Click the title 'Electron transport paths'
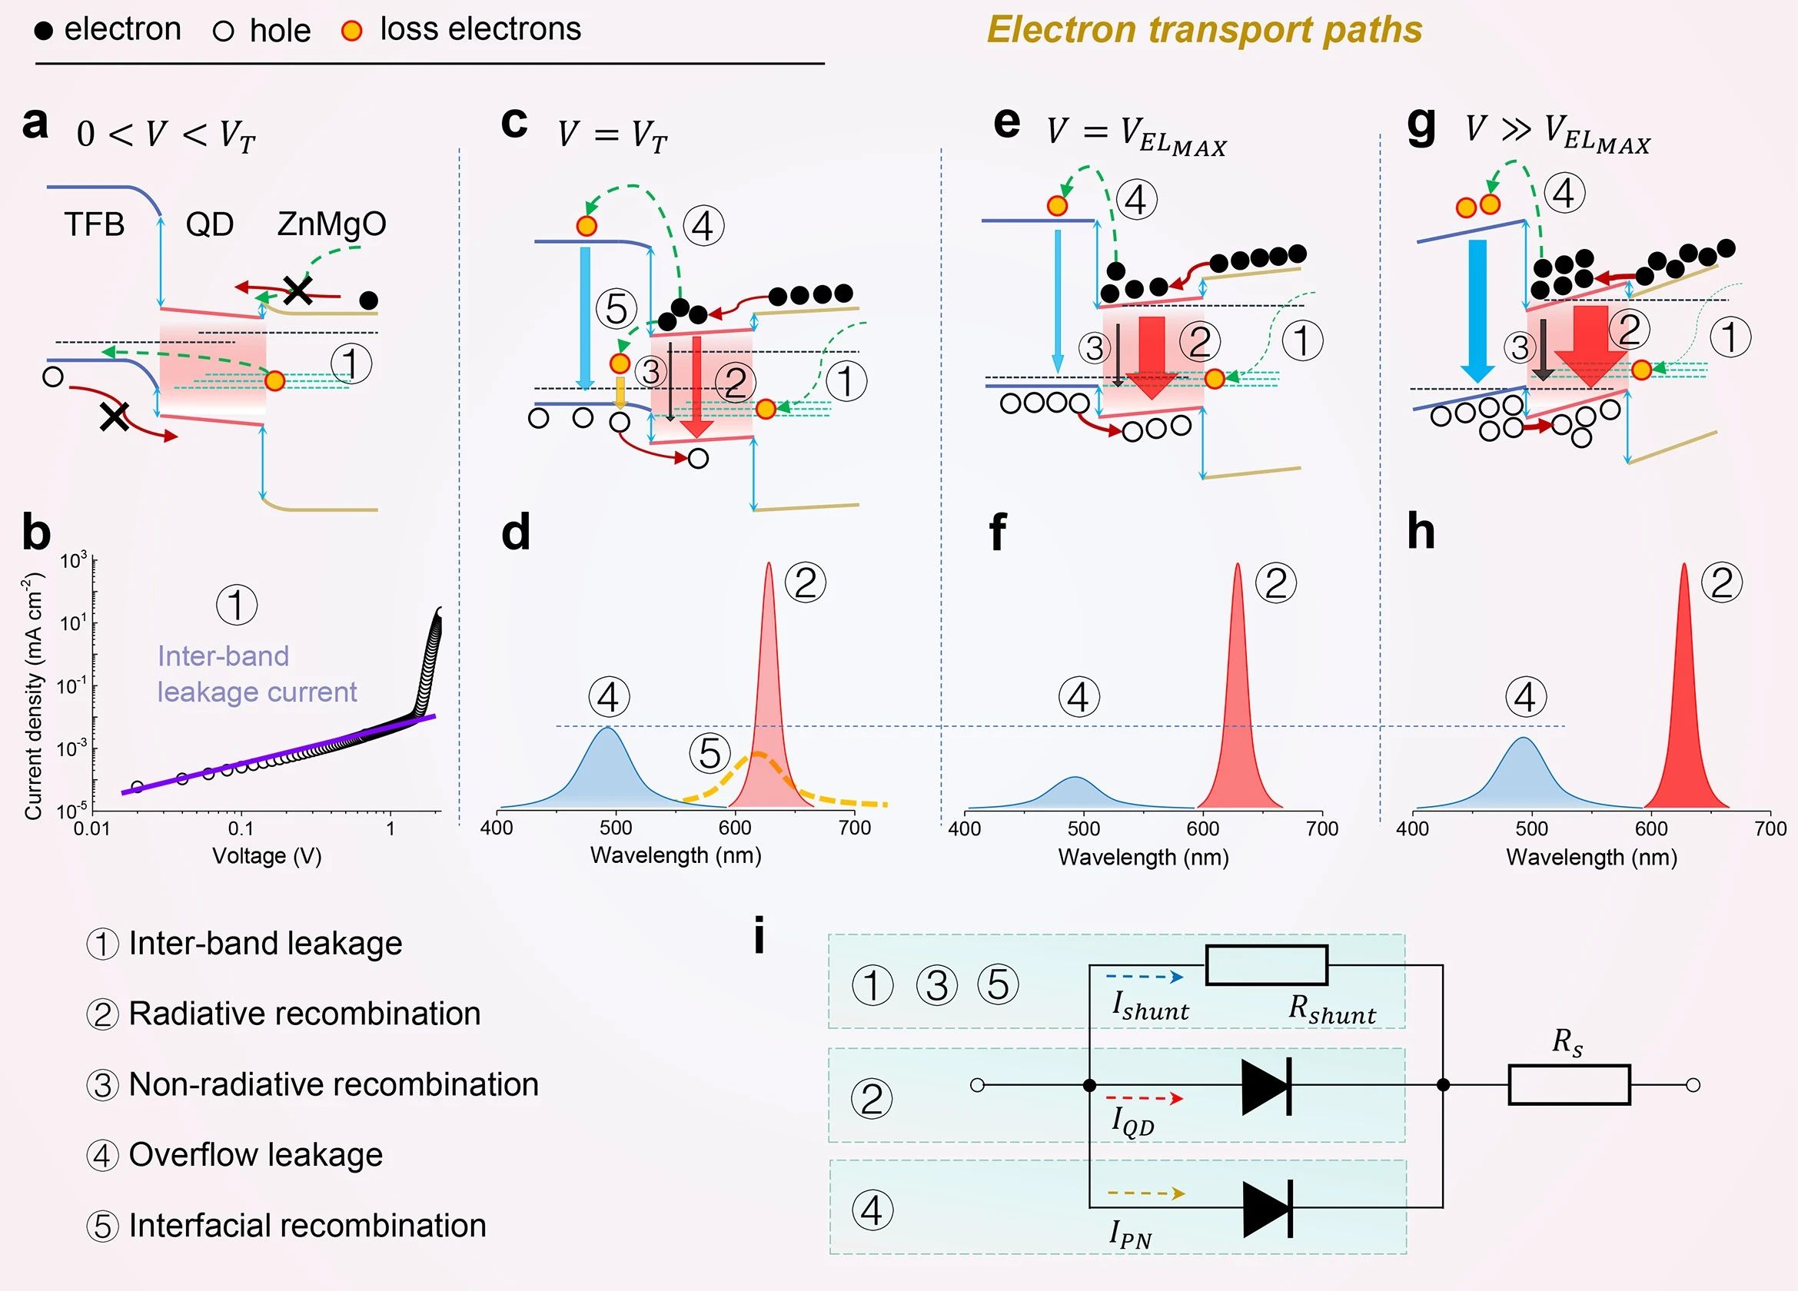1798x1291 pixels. tap(1205, 30)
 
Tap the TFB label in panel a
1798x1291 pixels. tap(95, 224)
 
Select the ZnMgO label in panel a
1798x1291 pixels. tap(331, 224)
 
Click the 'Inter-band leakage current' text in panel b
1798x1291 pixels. tap(256, 674)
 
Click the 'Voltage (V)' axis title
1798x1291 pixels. tap(267, 856)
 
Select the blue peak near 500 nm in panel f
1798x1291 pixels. tap(1075, 792)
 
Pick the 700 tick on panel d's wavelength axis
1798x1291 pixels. tap(854, 828)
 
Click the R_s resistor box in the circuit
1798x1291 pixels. tap(1568, 1085)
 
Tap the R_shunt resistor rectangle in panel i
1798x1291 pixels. tap(1266, 965)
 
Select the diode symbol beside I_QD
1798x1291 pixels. tap(1266, 1085)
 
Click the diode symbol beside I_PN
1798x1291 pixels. tap(1267, 1208)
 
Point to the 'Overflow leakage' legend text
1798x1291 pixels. tap(255, 1155)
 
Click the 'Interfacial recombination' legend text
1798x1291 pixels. tap(307, 1225)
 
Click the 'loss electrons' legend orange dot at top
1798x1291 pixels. tap(351, 31)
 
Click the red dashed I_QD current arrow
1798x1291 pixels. tap(1144, 1098)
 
